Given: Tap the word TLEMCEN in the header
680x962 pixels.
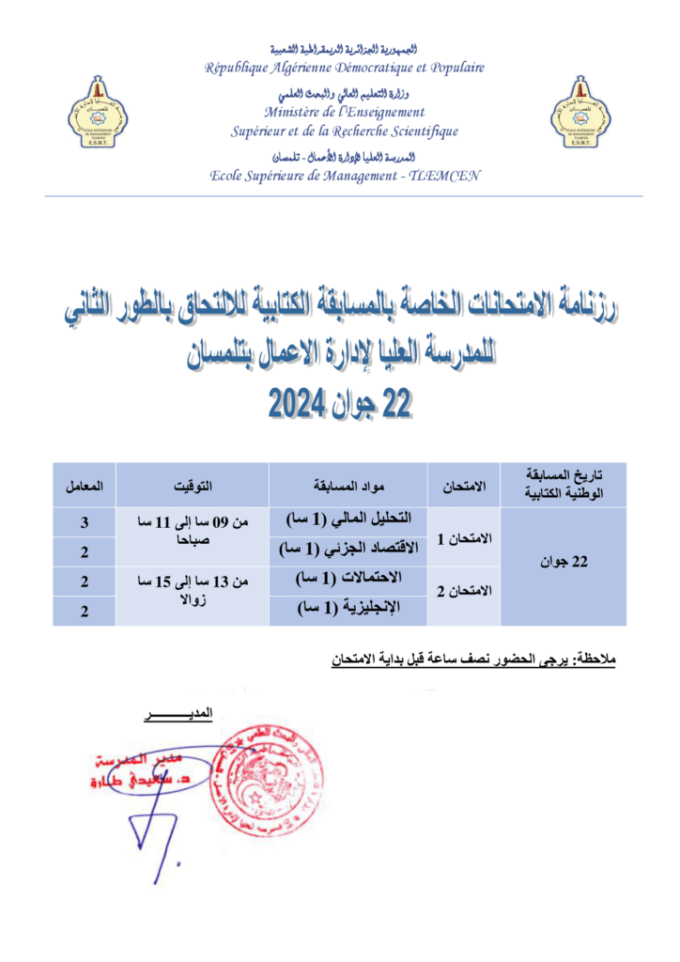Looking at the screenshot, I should [445, 175].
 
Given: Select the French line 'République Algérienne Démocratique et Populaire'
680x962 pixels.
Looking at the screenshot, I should [346, 68].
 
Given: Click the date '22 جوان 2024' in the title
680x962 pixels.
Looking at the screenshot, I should [341, 401].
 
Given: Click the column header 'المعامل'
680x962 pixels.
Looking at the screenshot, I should [84, 486].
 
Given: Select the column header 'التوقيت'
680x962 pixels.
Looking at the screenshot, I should [193, 486].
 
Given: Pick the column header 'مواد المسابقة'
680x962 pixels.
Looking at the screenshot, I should [348, 486].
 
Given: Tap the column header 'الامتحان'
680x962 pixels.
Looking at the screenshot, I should [464, 486].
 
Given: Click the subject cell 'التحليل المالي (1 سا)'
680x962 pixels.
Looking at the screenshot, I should [348, 520].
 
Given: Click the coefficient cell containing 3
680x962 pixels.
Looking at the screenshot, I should [84, 520].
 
